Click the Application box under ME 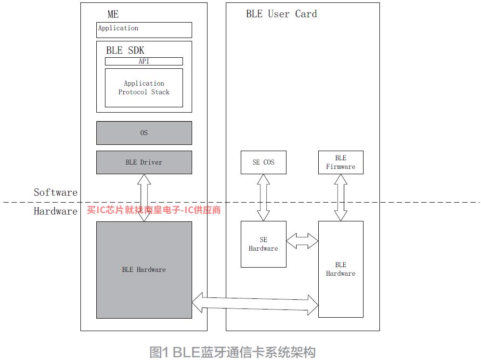click(144, 30)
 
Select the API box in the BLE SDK click(144, 61)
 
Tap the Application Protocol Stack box click(144, 88)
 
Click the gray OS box click(144, 133)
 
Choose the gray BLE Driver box click(144, 163)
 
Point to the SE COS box click(263, 163)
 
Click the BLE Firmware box click(341, 163)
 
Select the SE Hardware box click(263, 244)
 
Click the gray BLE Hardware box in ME click(144, 270)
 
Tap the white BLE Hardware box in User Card click(341, 269)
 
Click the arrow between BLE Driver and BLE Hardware click(144, 198)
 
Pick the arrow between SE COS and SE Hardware click(263, 197)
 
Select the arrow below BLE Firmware click(341, 197)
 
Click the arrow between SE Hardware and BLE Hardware click(302, 241)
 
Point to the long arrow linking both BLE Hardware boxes click(255, 304)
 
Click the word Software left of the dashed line click(55, 193)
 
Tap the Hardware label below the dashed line click(55, 211)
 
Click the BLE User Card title click(282, 14)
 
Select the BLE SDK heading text click(125, 50)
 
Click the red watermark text click(154, 210)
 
